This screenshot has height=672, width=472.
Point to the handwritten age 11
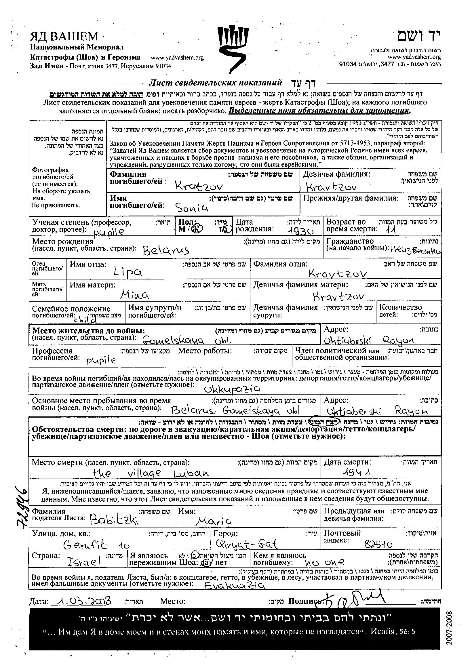[x=390, y=230]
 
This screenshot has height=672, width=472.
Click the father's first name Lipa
[x=127, y=272]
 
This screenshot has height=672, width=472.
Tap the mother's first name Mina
[x=135, y=295]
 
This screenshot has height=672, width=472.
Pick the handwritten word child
[x=85, y=320]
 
